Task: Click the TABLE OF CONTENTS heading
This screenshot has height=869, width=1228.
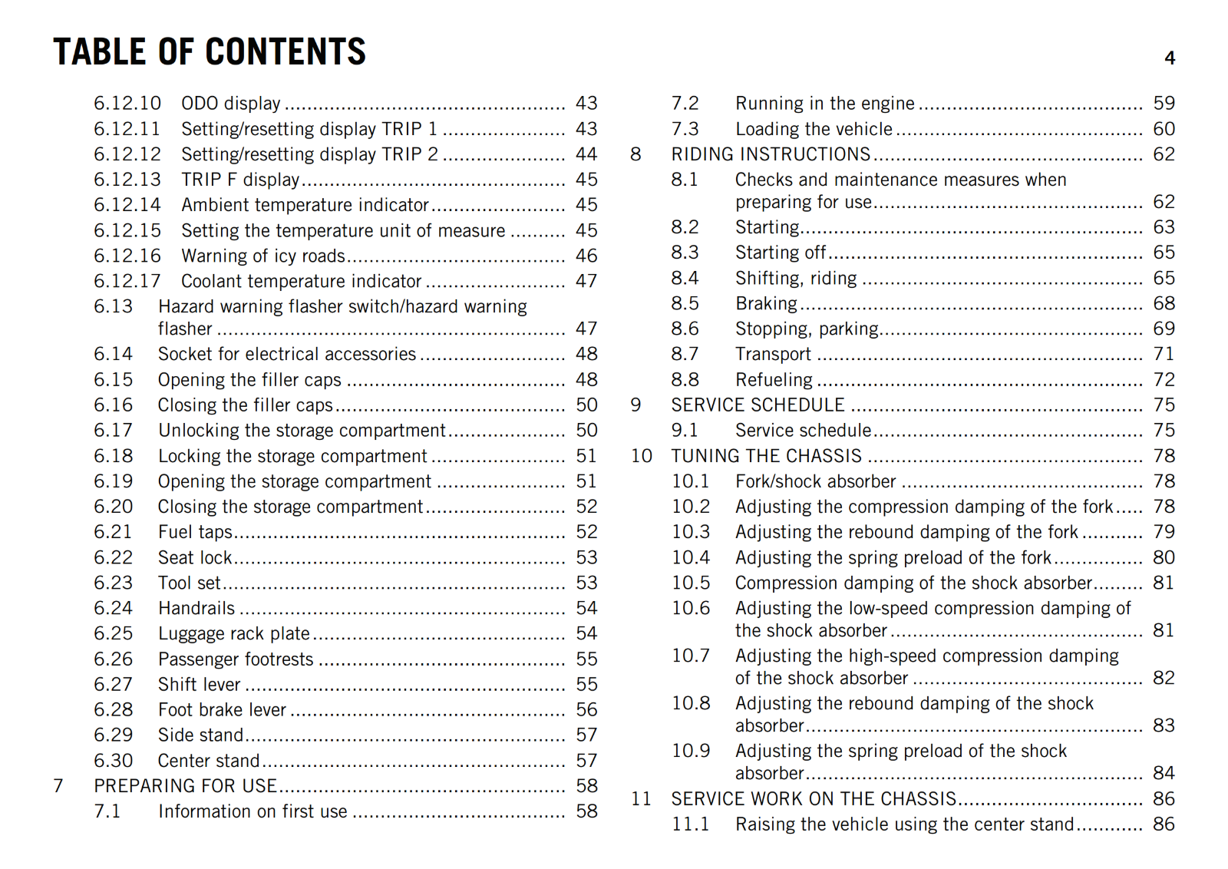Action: click(210, 52)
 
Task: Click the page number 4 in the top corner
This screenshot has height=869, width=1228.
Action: click(1170, 58)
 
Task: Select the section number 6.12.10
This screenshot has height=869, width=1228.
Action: click(127, 104)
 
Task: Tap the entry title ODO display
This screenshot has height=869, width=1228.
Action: click(230, 104)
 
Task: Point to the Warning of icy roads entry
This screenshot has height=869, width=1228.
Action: click(262, 256)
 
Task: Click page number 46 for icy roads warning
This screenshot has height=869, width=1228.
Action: click(586, 256)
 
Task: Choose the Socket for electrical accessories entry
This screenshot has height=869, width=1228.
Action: click(286, 354)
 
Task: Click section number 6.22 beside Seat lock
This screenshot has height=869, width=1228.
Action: click(113, 557)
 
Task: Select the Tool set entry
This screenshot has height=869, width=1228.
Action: click(189, 583)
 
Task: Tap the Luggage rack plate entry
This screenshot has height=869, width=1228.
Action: click(233, 633)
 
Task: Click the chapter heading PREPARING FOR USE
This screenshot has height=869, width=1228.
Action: click(185, 786)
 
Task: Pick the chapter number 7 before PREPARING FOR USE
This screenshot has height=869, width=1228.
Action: click(58, 786)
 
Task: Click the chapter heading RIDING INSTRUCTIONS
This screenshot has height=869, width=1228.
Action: click(771, 154)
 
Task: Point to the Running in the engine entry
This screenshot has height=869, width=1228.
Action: click(824, 104)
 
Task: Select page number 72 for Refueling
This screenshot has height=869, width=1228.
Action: click(1164, 380)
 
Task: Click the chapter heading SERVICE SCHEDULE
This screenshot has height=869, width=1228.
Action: click(758, 405)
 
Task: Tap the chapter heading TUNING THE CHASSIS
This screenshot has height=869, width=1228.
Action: click(766, 456)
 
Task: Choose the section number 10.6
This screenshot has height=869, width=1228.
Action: click(691, 609)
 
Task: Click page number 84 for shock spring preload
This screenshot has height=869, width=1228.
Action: click(1164, 773)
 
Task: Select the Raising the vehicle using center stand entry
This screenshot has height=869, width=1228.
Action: click(904, 824)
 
